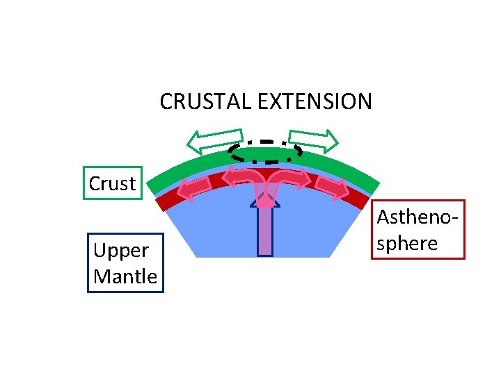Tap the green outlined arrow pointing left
click(x=215, y=141)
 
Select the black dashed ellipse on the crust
click(x=265, y=151)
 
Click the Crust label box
click(x=113, y=183)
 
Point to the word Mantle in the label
click(x=125, y=276)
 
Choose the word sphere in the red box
click(x=408, y=243)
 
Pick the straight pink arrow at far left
click(x=197, y=187)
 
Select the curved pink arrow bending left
click(x=244, y=179)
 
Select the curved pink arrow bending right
click(x=287, y=179)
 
